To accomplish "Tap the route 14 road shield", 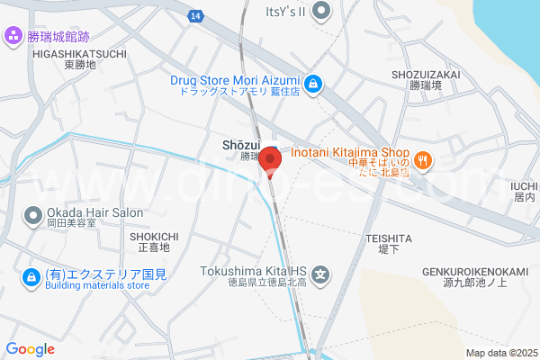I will pyautogui.click(x=195, y=15).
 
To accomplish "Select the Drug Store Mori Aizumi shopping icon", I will pyautogui.click(x=312, y=85).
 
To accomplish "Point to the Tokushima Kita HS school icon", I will pyautogui.click(x=321, y=274).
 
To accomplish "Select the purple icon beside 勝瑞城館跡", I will pyautogui.click(x=13, y=36).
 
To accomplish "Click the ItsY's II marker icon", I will pyautogui.click(x=322, y=12).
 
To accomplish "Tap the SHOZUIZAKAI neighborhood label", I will pyautogui.click(x=427, y=76).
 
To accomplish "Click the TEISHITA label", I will pyautogui.click(x=389, y=238).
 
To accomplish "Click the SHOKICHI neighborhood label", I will pyautogui.click(x=155, y=236).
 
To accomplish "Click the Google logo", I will pyautogui.click(x=31, y=349).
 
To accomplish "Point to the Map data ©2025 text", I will pyautogui.click(x=500, y=353).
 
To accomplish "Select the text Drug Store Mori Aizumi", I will pyautogui.click(x=236, y=80).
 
